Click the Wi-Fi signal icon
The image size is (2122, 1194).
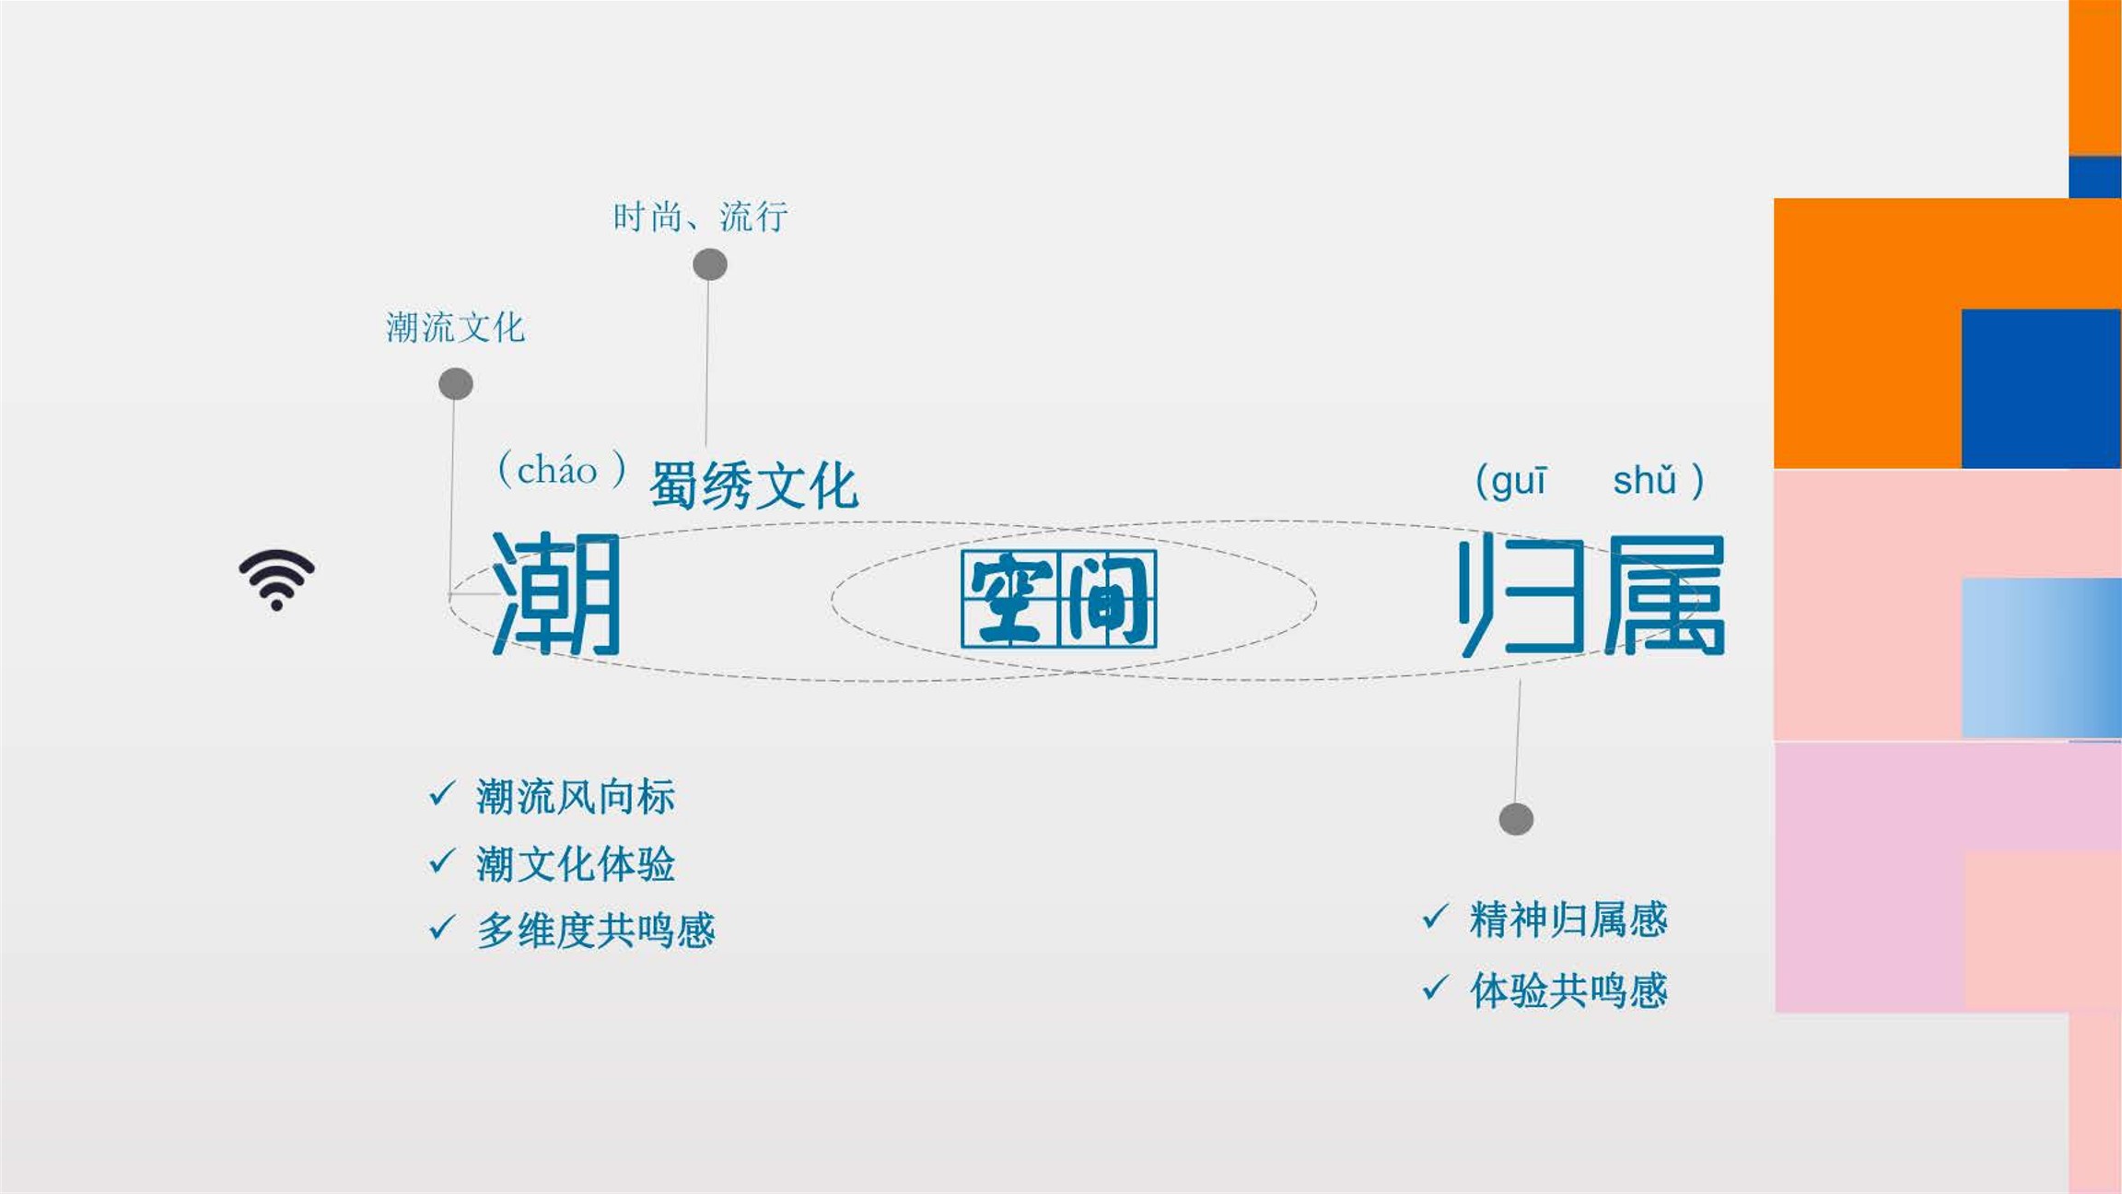pos(276,579)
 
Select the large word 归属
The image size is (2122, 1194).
pos(1591,595)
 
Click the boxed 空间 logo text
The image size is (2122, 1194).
pos(1058,599)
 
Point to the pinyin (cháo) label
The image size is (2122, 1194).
pos(562,470)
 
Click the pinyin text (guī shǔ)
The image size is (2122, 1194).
pos(1590,481)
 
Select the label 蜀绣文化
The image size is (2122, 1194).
pos(754,485)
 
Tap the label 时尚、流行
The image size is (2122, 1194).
pos(700,217)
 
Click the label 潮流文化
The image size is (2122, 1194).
pos(455,327)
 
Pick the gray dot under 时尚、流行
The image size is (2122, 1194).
pos(710,264)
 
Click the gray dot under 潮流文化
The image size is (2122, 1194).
pos(456,383)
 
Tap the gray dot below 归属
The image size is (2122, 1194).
pos(1516,819)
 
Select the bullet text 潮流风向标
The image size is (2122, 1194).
pos(576,797)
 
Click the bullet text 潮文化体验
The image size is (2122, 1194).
pos(576,864)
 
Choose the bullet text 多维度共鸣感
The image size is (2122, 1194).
pos(596,931)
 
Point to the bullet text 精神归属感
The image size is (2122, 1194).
pos(1568,919)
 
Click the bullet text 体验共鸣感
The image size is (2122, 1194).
pos(1568,990)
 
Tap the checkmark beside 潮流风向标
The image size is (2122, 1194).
pos(442,794)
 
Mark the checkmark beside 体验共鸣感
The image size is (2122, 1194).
pos(1436,988)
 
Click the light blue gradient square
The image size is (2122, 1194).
pos(2042,658)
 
